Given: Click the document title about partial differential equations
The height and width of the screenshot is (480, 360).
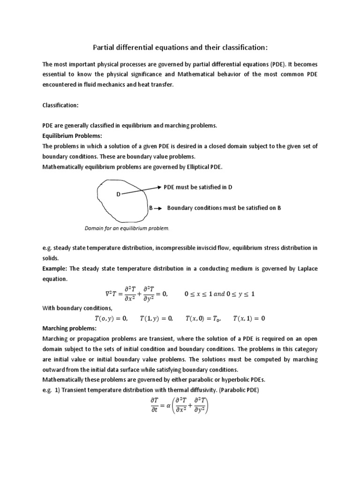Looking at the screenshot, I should [180, 47].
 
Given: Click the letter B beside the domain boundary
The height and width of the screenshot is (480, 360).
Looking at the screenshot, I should [151, 207].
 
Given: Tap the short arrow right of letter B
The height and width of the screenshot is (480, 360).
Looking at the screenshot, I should [158, 208].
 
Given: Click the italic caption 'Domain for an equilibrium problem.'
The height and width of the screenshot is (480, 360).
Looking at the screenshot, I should [127, 228].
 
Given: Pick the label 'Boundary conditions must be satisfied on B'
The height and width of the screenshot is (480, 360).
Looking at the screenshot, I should [224, 207].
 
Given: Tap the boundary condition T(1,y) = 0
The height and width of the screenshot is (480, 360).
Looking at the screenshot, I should [156, 319].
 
